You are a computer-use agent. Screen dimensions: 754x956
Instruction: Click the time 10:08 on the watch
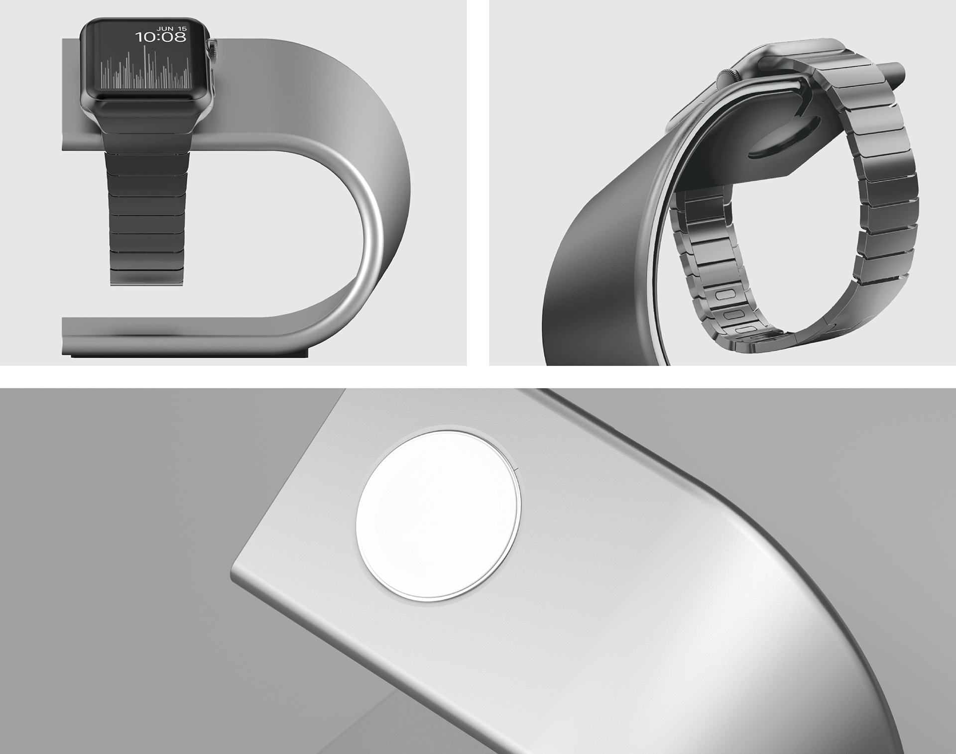(161, 37)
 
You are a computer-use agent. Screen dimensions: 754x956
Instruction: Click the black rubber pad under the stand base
(189, 355)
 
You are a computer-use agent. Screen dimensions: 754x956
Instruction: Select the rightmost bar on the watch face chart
(190, 80)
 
